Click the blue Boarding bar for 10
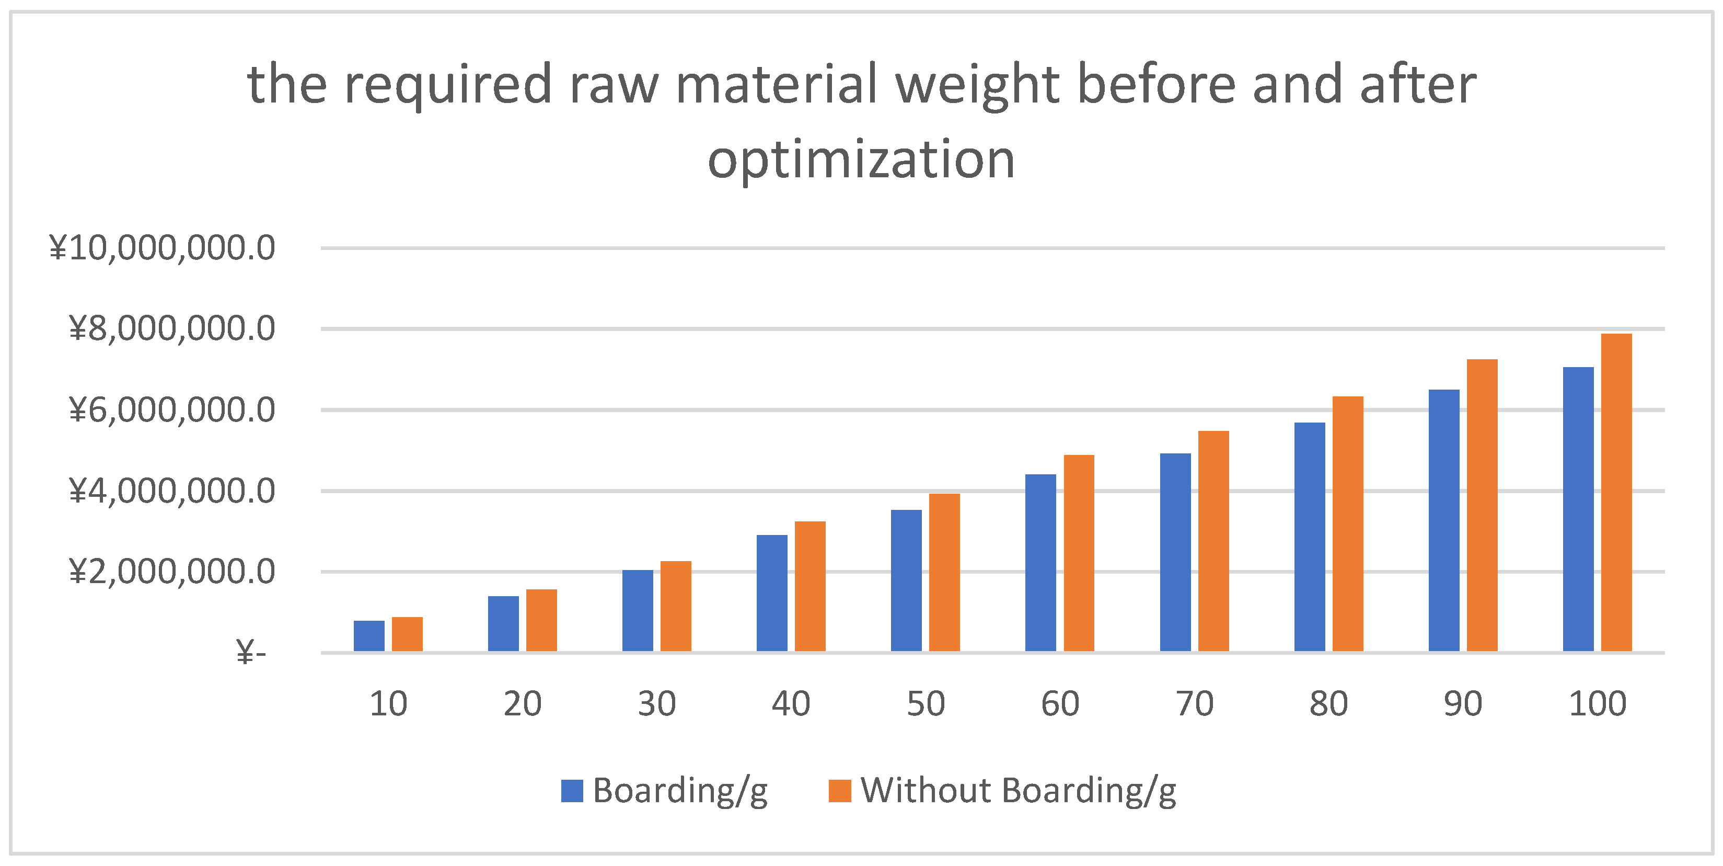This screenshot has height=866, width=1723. click(x=368, y=636)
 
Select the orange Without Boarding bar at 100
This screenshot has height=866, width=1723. click(x=1616, y=492)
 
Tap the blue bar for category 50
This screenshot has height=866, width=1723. click(x=906, y=580)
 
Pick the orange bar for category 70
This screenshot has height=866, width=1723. click(x=1213, y=541)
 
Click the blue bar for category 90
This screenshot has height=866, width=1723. click(x=1443, y=520)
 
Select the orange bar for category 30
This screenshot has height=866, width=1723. click(x=676, y=606)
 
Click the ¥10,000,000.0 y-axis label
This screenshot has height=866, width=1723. click(x=162, y=248)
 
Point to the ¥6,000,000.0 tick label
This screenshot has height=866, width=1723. click(x=172, y=410)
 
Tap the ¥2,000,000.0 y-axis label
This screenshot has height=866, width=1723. click(x=172, y=572)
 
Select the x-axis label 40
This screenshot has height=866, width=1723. click(x=791, y=704)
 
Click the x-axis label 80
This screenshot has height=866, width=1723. click(x=1328, y=704)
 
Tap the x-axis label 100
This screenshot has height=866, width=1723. click(x=1597, y=704)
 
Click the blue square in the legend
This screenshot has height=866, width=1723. click(x=572, y=791)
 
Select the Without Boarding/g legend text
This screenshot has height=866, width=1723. click(x=1018, y=791)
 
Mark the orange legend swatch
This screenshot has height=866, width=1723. click(x=839, y=791)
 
